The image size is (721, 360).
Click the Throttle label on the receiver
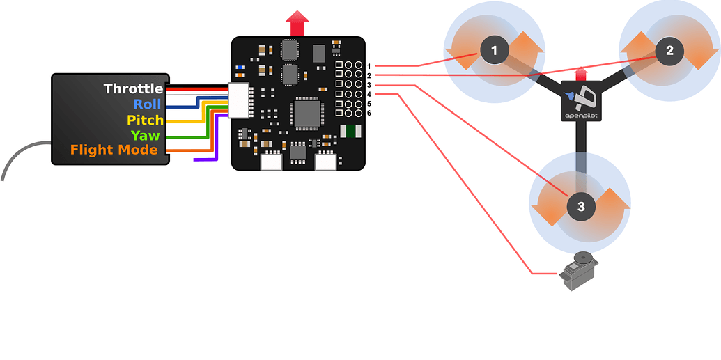pos(133,88)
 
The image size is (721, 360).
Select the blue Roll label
pos(147,104)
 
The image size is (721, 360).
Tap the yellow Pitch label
pos(145,120)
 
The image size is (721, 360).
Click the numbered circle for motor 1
pos(495,50)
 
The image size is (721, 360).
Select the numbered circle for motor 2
pos(669,50)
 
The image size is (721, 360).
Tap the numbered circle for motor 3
pos(581,205)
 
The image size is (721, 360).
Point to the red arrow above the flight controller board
pos(297,24)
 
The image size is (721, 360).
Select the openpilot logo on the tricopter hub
pos(581,101)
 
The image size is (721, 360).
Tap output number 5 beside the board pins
pos(369,103)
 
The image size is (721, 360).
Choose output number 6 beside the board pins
pos(369,113)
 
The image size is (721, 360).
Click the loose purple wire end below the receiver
pos(198,160)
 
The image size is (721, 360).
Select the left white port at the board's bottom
pos(270,162)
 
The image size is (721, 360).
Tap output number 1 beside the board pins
pos(369,65)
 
